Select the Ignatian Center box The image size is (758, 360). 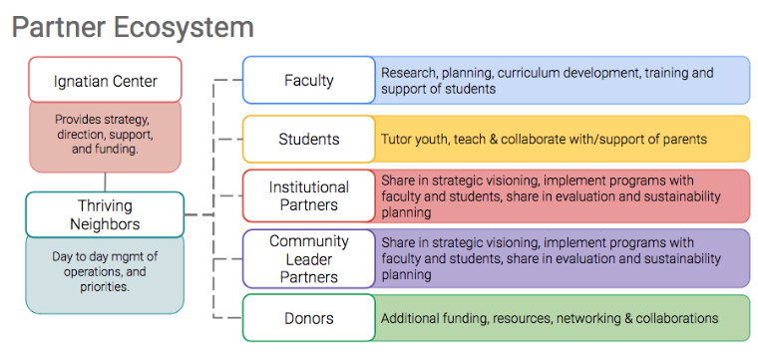pos(105,79)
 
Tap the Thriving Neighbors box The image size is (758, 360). pos(105,214)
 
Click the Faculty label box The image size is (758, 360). pos(309,80)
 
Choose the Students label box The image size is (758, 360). pos(309,140)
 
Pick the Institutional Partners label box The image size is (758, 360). pos(309,195)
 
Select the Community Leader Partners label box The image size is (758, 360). pos(309,259)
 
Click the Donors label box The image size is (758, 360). pos(309,318)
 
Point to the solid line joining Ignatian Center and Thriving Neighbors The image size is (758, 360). pos(105,182)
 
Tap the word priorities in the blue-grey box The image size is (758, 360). pos(105,287)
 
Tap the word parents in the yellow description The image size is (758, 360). pos(688,141)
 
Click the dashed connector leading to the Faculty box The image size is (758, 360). pos(228,80)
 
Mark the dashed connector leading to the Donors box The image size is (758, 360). pos(228,318)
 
